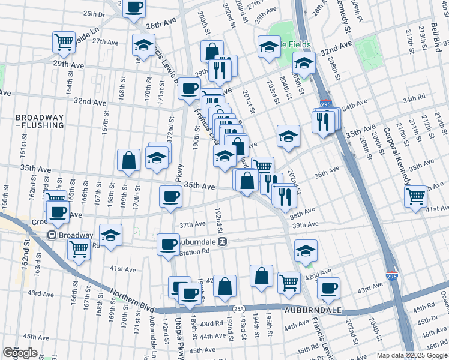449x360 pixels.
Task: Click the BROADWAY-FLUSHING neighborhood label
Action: (x=32, y=121)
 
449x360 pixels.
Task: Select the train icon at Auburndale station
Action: (x=223, y=242)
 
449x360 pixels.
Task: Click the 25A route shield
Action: (x=239, y=308)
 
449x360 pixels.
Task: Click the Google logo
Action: (x=20, y=353)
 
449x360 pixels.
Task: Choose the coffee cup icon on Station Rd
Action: (x=169, y=244)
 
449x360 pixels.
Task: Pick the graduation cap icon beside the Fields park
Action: (x=270, y=46)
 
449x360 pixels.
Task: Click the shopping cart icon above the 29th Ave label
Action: (x=64, y=41)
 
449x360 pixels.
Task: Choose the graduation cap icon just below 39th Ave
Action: (x=306, y=250)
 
